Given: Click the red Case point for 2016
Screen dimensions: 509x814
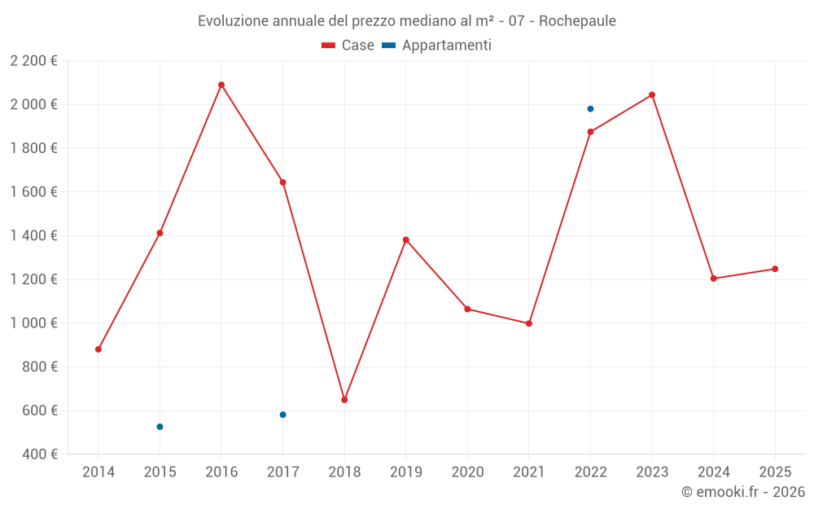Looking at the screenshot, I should pyautogui.click(x=221, y=85).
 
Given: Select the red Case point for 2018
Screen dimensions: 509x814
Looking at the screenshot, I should pyautogui.click(x=344, y=400).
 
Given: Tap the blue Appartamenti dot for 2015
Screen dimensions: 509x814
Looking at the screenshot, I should pyautogui.click(x=160, y=427).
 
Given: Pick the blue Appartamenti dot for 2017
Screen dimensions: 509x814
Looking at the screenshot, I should pyautogui.click(x=282, y=415).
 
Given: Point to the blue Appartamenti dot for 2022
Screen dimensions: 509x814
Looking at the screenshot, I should pyautogui.click(x=590, y=109).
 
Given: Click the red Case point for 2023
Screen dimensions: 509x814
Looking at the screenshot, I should pyautogui.click(x=652, y=95).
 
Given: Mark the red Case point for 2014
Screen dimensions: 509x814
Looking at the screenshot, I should pyautogui.click(x=98, y=349).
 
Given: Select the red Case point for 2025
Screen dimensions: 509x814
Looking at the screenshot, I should pyautogui.click(x=775, y=269).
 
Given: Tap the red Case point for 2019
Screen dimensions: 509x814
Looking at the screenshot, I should pyautogui.click(x=406, y=240).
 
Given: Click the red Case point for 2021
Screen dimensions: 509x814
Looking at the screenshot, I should pyautogui.click(x=529, y=323).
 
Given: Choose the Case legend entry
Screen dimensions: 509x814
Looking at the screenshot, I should pyautogui.click(x=348, y=46).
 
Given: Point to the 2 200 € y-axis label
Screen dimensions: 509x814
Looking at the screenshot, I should pyautogui.click(x=33, y=61).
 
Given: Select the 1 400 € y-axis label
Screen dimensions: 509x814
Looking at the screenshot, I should pyautogui.click(x=33, y=236).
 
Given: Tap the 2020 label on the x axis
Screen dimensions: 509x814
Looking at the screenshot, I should pyautogui.click(x=467, y=472).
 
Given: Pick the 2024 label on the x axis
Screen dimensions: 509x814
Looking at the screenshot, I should pyautogui.click(x=713, y=472).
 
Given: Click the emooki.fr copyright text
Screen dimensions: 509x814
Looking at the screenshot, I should pyautogui.click(x=743, y=492).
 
